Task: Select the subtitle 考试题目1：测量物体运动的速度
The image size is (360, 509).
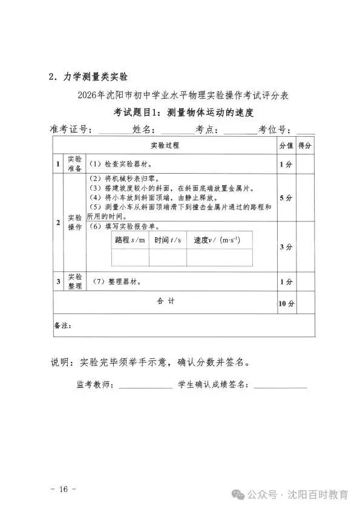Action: point(182,113)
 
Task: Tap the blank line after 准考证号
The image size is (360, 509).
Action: point(113,131)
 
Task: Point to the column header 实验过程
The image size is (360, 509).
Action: point(165,146)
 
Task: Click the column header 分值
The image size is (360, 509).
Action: point(286,146)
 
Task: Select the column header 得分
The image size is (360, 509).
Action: point(305,146)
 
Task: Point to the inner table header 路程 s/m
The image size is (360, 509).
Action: point(130,240)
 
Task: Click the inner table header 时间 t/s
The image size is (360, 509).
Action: point(168,240)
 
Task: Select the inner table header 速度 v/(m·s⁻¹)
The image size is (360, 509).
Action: point(217,240)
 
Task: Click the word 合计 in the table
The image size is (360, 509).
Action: point(165,301)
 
